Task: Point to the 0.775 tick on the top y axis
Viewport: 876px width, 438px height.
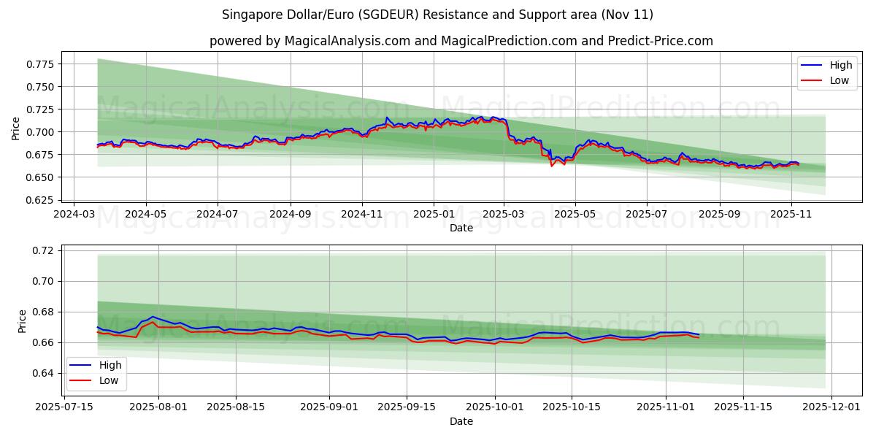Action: click(x=40, y=64)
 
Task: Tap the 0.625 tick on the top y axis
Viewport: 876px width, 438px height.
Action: click(x=40, y=200)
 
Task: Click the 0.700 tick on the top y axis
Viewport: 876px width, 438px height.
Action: click(x=40, y=132)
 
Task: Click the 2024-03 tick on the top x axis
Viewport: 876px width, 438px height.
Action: click(x=74, y=215)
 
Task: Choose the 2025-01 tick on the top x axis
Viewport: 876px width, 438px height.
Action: click(x=434, y=215)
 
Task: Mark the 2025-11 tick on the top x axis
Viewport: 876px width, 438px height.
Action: click(x=791, y=215)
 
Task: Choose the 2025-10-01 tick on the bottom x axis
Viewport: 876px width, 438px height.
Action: click(x=495, y=407)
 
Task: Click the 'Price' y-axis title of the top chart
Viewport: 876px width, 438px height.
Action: click(x=16, y=128)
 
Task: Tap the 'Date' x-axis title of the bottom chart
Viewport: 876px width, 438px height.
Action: click(x=461, y=421)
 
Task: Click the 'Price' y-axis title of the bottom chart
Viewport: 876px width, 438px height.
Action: click(x=22, y=321)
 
